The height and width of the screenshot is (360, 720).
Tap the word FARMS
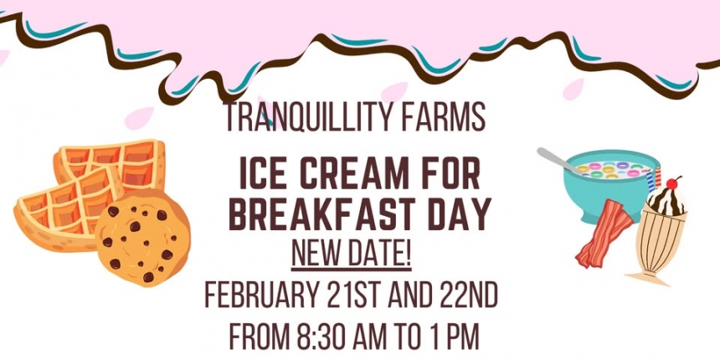pyautogui.click(x=444, y=117)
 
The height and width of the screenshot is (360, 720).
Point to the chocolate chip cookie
pyautogui.click(x=142, y=238)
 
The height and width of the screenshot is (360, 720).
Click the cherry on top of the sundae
pyautogui.click(x=672, y=183)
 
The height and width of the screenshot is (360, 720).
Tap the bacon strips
pyautogui.click(x=603, y=234)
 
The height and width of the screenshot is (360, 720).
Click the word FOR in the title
pyautogui.click(x=451, y=174)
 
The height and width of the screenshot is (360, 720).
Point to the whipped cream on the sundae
pyautogui.click(x=666, y=202)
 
